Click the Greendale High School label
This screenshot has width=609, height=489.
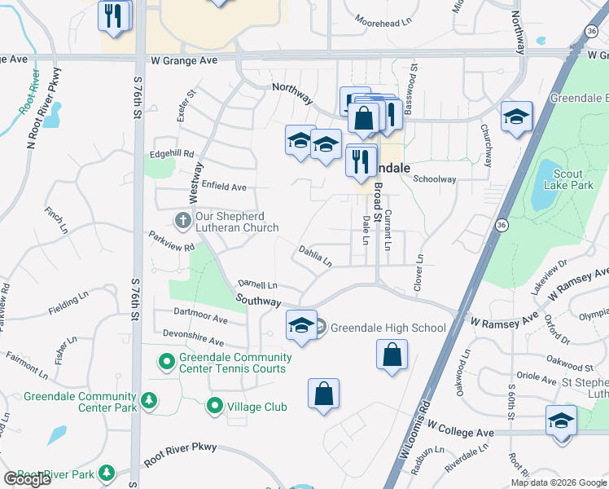(x=388, y=328)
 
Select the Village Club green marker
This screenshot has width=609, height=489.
(x=215, y=405)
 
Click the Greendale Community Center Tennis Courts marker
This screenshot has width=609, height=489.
(x=167, y=360)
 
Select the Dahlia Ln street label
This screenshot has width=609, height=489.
(x=315, y=257)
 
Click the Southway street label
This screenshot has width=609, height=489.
(x=258, y=301)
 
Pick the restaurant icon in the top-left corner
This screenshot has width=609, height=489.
(x=113, y=15)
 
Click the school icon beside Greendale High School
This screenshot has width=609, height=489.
(x=301, y=325)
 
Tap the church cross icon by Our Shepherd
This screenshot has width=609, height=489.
(x=183, y=219)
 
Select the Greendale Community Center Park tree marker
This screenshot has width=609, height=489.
(x=148, y=399)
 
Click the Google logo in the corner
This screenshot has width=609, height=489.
(x=28, y=479)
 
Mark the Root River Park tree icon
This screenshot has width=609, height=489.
(x=106, y=473)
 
